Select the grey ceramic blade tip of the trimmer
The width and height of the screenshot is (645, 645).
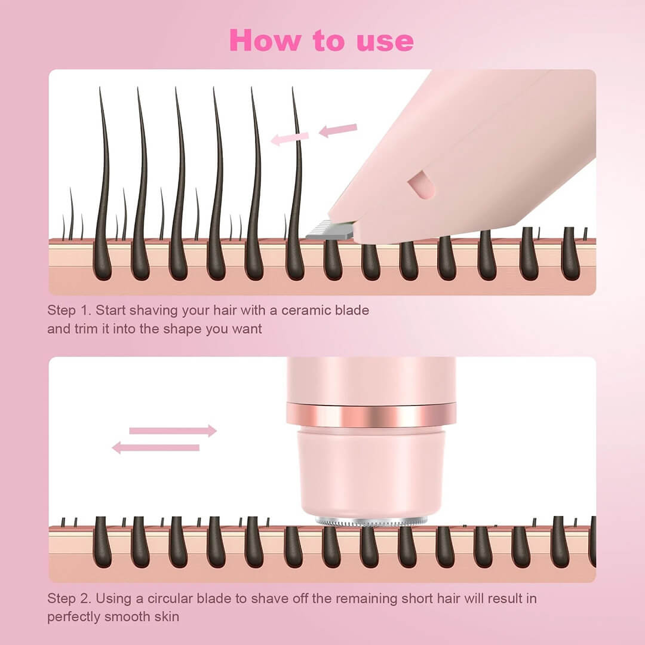(x=328, y=232)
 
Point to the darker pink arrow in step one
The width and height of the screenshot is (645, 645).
(x=338, y=130)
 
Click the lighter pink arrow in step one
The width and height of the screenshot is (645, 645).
(x=290, y=139)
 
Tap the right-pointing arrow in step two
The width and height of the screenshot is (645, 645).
(x=173, y=431)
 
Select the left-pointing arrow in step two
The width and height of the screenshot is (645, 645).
(x=156, y=447)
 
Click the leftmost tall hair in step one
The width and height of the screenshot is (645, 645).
(x=103, y=179)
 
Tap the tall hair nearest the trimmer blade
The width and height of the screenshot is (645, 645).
(x=296, y=179)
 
